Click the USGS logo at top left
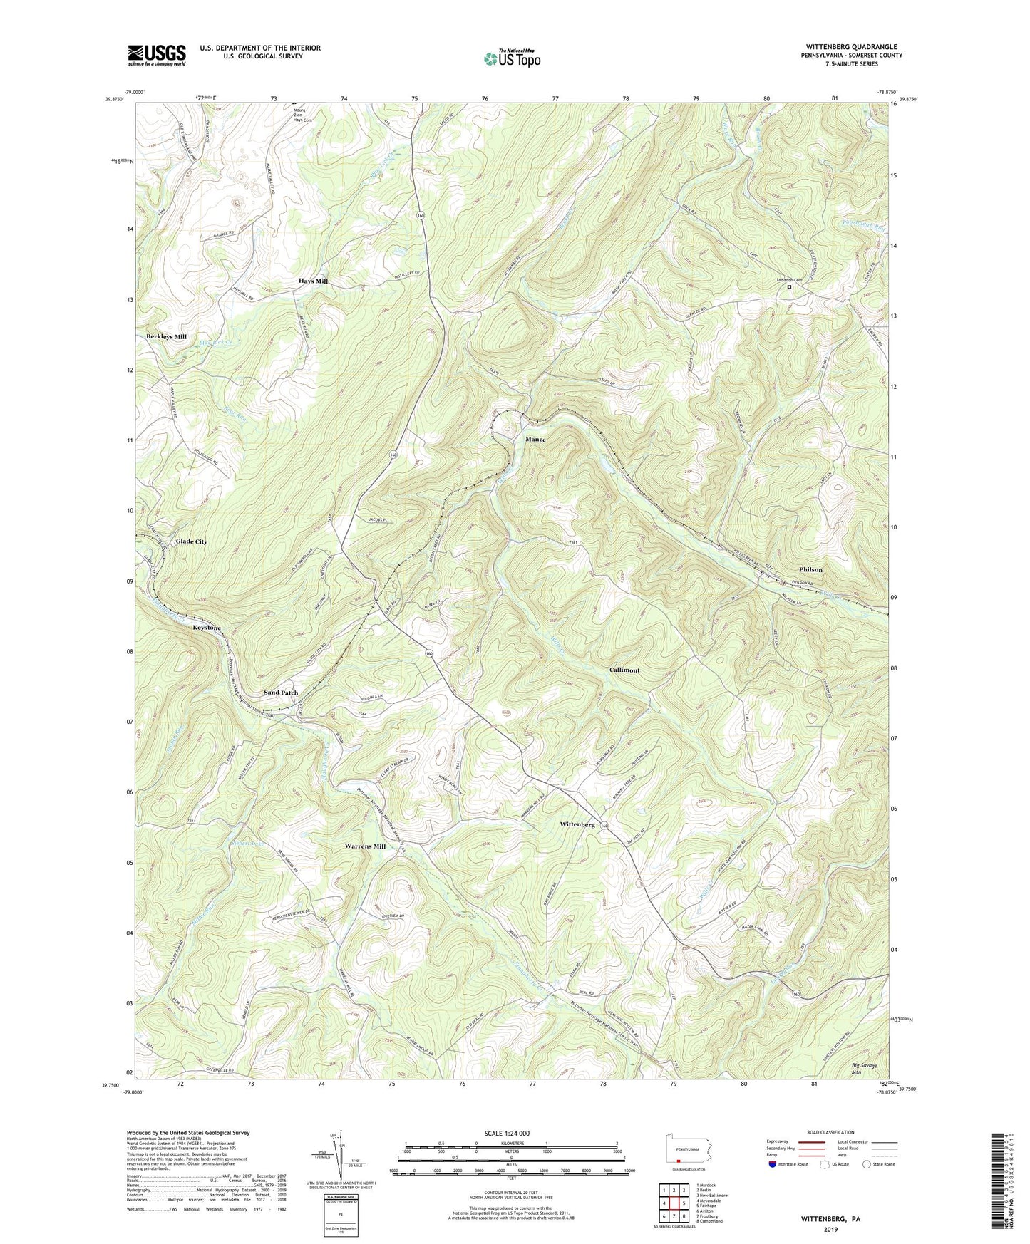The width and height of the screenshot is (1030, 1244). click(x=157, y=55)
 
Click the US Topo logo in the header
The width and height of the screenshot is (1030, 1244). click(x=511, y=58)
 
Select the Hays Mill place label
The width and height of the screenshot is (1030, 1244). click(x=313, y=281)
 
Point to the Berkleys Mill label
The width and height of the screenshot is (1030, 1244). click(x=166, y=336)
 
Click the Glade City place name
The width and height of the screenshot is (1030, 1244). click(x=191, y=541)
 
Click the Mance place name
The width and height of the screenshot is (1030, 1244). click(x=535, y=440)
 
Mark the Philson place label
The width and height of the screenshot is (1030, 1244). click(x=810, y=570)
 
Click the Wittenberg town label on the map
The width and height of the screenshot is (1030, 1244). click(x=577, y=824)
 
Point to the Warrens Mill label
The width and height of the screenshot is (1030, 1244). click(x=365, y=846)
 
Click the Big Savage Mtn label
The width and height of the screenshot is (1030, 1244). click(x=865, y=1068)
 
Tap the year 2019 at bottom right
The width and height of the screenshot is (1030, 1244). click(x=830, y=1229)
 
